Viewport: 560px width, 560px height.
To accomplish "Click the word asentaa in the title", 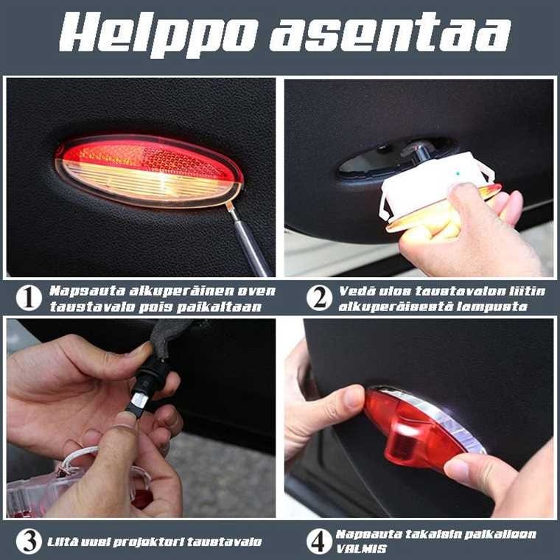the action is click(x=390, y=32).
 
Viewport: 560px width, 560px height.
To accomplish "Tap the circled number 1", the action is click(x=29, y=298).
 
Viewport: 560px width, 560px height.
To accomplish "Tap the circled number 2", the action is click(x=319, y=298).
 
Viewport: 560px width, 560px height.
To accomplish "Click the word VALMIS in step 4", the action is click(x=362, y=548).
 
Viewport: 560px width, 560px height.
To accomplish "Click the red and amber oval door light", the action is click(x=150, y=171).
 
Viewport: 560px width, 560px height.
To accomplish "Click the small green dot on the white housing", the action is click(x=458, y=175).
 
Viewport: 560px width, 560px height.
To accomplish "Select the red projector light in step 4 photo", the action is click(x=423, y=427).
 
